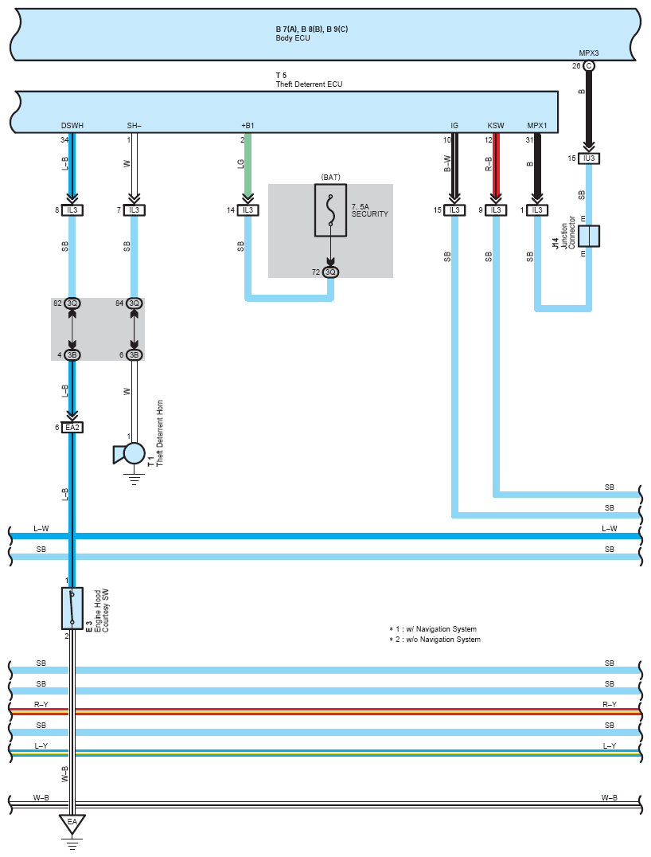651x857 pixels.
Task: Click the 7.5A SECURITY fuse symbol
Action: tap(330, 210)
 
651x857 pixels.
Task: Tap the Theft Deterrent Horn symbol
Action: tap(130, 454)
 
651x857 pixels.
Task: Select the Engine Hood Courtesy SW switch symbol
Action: tap(72, 609)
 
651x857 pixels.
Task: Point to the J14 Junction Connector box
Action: tap(589, 236)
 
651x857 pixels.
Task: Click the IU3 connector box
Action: tap(589, 158)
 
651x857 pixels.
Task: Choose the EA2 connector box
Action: tap(72, 428)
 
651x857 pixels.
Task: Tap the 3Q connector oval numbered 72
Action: tap(330, 272)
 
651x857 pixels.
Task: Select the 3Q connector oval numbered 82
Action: tap(72, 303)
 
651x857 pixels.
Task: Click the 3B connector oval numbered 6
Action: tap(134, 355)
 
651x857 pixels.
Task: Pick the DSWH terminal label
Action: tap(72, 126)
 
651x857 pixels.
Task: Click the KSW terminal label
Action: tap(496, 126)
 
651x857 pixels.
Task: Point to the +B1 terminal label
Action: tap(248, 126)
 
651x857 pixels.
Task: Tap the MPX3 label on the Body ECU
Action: tap(589, 53)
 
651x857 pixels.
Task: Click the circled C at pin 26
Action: tap(589, 66)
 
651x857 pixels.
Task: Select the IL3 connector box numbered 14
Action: tap(248, 210)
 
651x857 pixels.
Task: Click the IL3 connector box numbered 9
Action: tap(496, 210)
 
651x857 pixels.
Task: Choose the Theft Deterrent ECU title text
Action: tap(309, 84)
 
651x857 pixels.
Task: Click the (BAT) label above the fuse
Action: tap(330, 177)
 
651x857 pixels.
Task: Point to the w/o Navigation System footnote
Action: tap(435, 640)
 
